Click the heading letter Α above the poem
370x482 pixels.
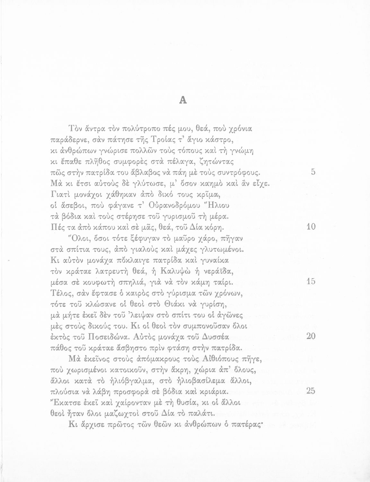[183, 100]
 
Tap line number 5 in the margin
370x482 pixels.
[313, 172]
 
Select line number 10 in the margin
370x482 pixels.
[311, 227]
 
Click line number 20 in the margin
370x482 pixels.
[311, 336]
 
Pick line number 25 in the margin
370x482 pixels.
[311, 391]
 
